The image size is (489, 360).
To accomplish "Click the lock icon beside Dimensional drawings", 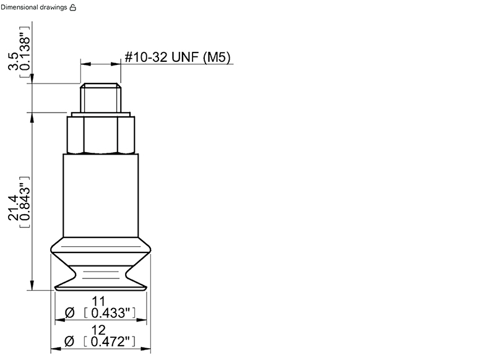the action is tap(72, 7).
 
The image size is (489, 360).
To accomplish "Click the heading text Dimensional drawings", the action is tap(33, 7).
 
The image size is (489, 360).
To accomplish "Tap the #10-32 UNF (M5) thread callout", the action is tap(178, 57).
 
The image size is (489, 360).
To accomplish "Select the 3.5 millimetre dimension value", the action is tap(14, 61).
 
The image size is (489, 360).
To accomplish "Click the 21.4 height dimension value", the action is tap(14, 208).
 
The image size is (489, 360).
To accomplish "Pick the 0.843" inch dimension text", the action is tap(25, 202).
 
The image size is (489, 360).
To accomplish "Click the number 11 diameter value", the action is tap(98, 301).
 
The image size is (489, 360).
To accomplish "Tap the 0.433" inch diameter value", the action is tap(110, 313).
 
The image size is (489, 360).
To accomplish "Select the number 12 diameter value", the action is tap(98, 330).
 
